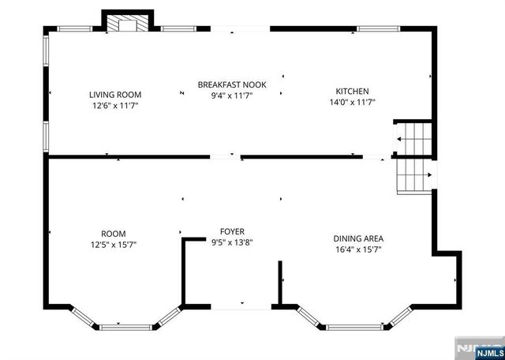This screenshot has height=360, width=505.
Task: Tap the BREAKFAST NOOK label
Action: coord(237,84)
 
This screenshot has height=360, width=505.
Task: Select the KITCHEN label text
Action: coord(352,92)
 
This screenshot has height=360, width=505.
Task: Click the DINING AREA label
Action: coord(358,238)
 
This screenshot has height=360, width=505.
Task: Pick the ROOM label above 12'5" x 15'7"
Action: coord(113,234)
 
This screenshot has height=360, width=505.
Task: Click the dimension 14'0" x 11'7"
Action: coord(352,102)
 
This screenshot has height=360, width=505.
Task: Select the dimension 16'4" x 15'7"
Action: coord(358,249)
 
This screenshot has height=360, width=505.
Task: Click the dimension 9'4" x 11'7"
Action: coord(237,95)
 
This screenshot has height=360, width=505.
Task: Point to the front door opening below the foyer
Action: coord(233,306)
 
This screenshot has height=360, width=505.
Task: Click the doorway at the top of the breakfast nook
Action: coord(240,30)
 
